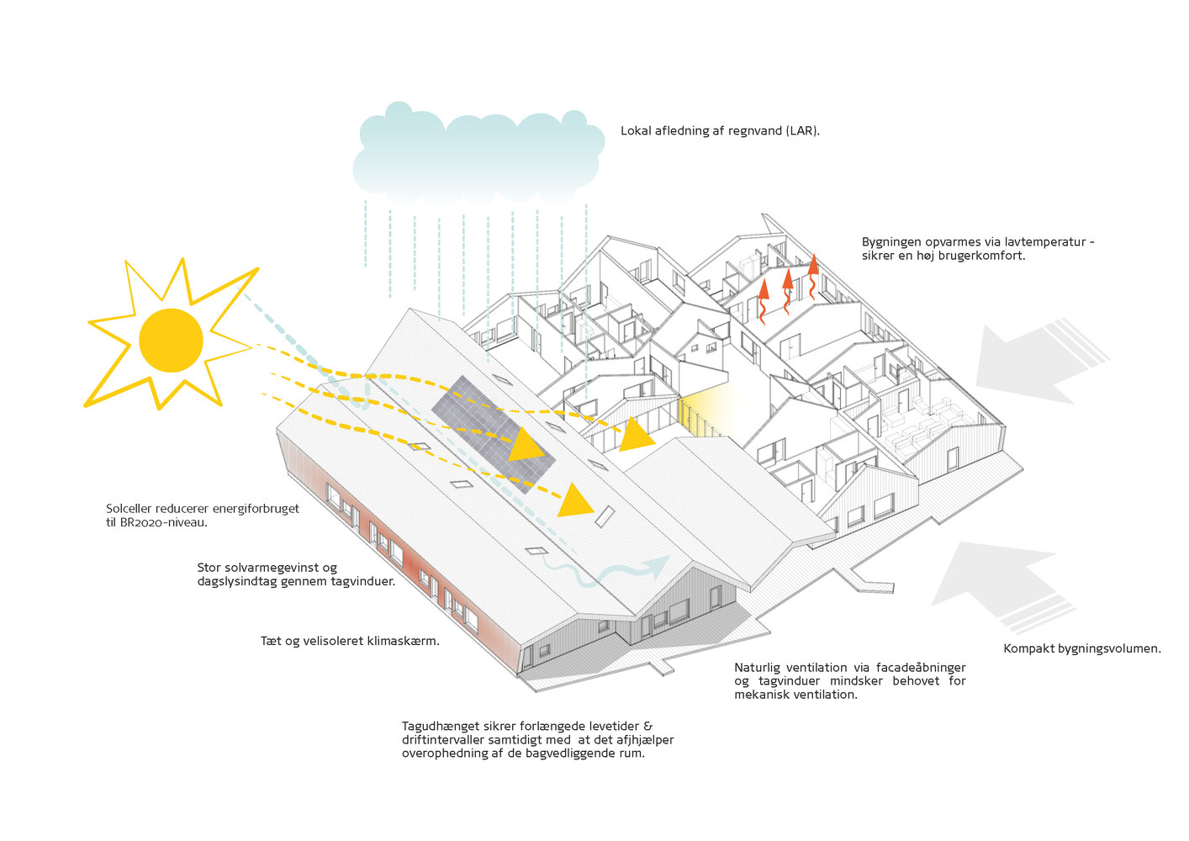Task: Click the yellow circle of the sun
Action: point(171,341)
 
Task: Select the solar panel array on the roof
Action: point(494,431)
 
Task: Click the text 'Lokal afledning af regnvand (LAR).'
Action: point(720,131)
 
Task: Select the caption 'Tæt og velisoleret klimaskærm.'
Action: point(350,641)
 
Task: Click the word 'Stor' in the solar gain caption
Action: point(209,568)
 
